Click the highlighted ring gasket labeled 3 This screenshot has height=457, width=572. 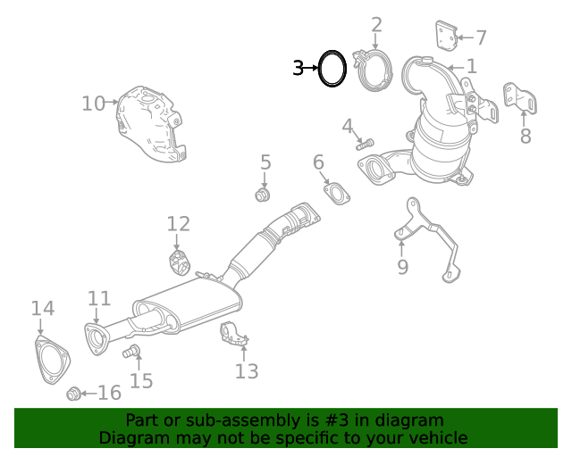[332, 68]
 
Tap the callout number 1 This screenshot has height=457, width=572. [471, 65]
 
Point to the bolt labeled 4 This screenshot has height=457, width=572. [366, 141]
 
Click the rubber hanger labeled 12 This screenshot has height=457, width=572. [178, 263]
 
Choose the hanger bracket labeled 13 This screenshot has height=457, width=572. [234, 333]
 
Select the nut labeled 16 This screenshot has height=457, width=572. [74, 393]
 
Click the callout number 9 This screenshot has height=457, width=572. [402, 266]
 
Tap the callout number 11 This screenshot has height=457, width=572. [98, 299]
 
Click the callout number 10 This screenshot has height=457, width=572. [93, 104]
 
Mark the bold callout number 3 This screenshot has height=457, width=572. [299, 68]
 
